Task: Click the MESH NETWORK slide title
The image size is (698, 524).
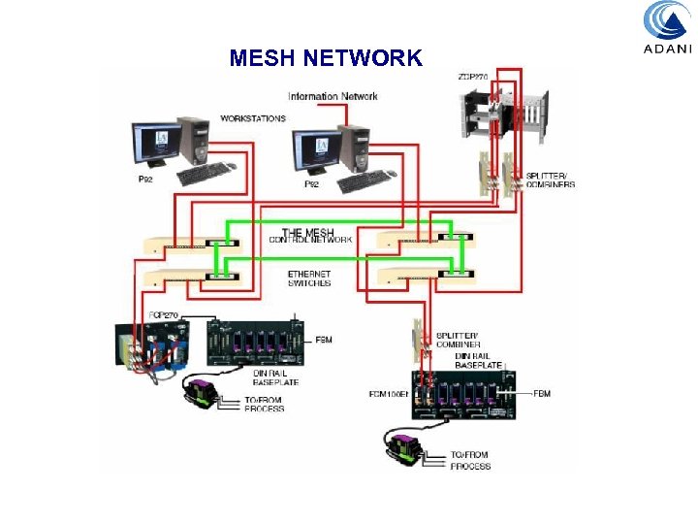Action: click(x=326, y=57)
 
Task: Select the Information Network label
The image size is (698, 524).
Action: click(x=333, y=96)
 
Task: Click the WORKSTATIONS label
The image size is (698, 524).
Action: click(x=253, y=118)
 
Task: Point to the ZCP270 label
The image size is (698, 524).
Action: click(x=473, y=77)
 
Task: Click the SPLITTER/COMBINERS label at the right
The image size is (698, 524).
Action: click(x=550, y=180)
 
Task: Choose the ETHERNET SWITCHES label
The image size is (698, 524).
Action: click(x=309, y=278)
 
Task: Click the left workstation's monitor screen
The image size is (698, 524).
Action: click(x=154, y=142)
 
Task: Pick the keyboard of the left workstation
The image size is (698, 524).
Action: click(x=206, y=173)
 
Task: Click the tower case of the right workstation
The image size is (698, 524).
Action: click(x=355, y=145)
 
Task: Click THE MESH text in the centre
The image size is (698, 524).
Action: click(x=307, y=233)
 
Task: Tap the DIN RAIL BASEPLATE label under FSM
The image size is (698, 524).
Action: click(x=276, y=377)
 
